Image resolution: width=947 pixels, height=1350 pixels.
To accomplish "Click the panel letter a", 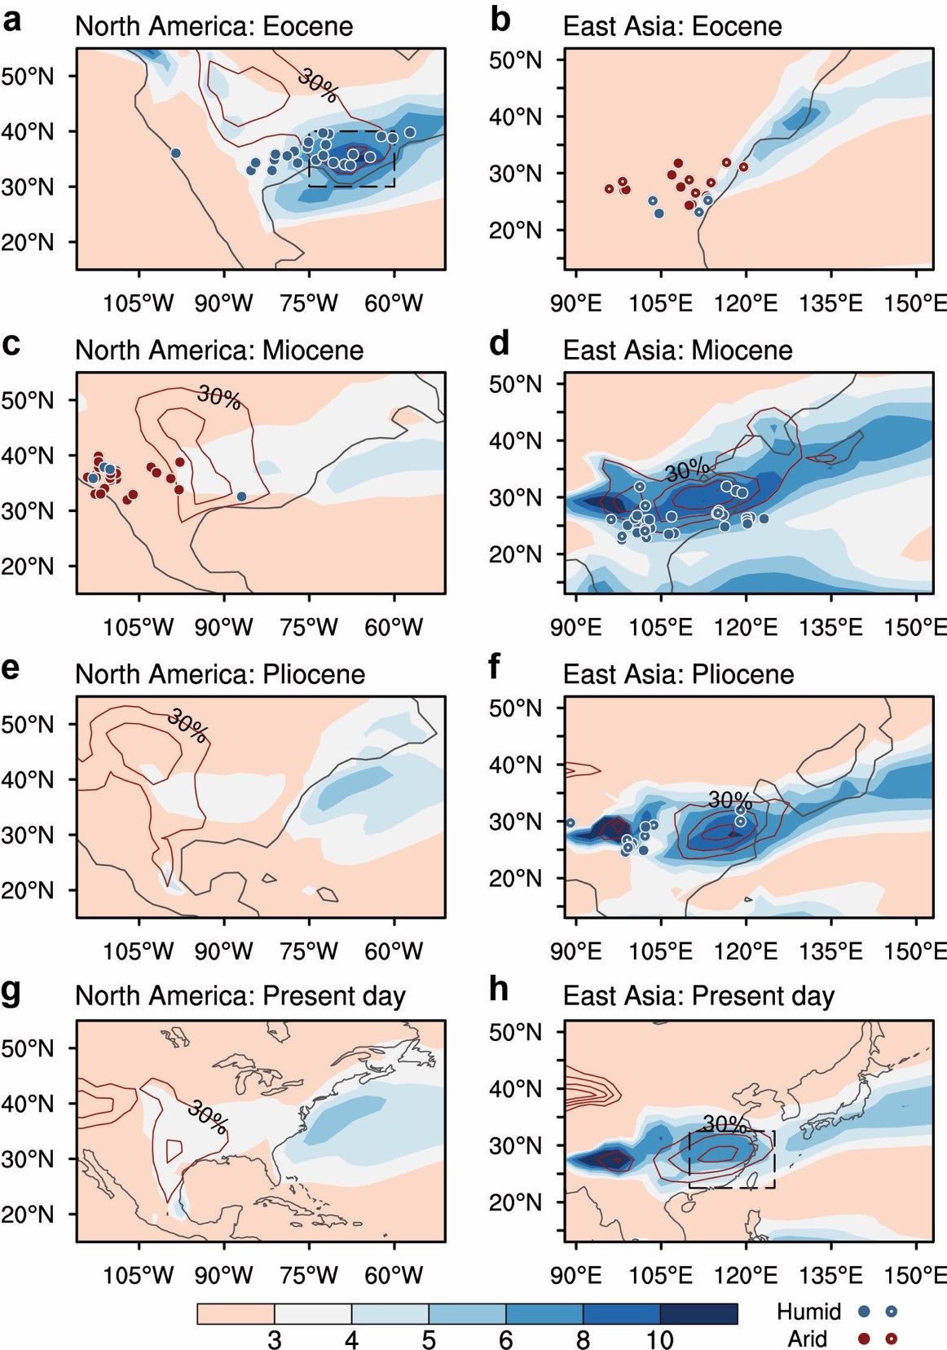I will (x=12, y=20).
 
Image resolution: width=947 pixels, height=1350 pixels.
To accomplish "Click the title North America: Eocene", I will (x=214, y=26).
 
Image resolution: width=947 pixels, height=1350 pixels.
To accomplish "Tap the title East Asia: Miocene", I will (x=677, y=350).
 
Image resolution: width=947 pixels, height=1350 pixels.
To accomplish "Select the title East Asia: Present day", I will (x=698, y=996).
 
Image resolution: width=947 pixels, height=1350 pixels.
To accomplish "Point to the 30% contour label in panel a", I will (x=318, y=85).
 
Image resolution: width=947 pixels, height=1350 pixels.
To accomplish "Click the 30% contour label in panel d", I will (x=687, y=470).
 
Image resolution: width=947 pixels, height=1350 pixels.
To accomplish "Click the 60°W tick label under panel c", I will (x=394, y=627).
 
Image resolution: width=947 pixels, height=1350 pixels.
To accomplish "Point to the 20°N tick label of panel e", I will (x=28, y=890).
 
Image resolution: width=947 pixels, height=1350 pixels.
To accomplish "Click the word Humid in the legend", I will (x=808, y=1311).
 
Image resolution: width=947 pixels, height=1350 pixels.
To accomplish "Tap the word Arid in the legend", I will (x=807, y=1339).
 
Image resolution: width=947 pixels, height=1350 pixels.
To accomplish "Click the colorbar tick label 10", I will (x=659, y=1339).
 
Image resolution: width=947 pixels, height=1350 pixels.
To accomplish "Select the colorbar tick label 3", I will (x=275, y=1339).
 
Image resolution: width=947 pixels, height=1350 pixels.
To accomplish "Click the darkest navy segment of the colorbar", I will (x=698, y=1313).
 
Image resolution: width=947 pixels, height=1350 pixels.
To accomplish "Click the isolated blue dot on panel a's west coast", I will (x=175, y=153).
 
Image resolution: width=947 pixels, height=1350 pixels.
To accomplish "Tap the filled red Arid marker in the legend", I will (x=865, y=1338).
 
